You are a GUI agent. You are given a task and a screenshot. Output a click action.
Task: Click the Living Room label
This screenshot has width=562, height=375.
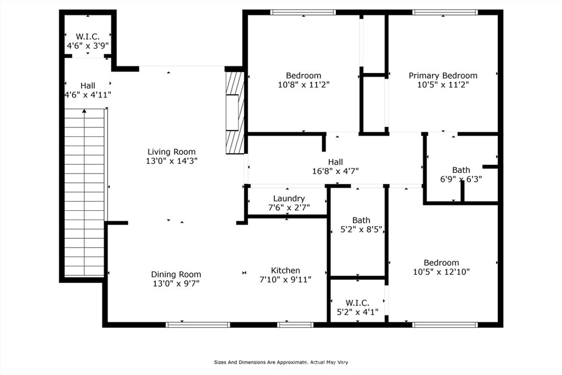pos(172,152)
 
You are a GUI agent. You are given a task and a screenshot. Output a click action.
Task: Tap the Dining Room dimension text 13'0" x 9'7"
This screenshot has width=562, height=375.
pos(176,283)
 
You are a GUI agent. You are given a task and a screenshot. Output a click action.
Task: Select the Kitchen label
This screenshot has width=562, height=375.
pos(285,270)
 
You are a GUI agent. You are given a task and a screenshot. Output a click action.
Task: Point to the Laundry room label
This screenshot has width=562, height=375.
pos(289,198)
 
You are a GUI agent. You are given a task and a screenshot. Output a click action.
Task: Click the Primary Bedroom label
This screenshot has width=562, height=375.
pos(443,76)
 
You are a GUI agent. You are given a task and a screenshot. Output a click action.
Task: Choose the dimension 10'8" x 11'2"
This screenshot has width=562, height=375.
pos(304,85)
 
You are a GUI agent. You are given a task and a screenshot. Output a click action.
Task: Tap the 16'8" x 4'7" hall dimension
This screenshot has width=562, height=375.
pos(335,171)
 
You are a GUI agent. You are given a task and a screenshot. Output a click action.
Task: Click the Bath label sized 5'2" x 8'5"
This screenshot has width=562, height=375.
pos(361,220)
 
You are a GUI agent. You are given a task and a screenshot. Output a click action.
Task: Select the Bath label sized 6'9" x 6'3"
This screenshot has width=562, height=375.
pos(461,170)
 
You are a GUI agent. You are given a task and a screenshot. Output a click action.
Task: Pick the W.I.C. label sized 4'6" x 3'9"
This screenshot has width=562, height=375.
pos(88,37)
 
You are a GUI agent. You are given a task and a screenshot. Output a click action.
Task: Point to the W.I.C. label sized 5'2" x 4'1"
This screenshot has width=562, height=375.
pos(358,303)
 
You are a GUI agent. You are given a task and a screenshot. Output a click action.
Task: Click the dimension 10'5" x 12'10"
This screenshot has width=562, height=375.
pos(442,272)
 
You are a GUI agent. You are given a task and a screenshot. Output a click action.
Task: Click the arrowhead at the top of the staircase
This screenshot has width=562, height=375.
pos(84,111)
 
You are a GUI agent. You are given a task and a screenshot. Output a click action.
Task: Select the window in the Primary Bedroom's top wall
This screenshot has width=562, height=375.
pos(445,12)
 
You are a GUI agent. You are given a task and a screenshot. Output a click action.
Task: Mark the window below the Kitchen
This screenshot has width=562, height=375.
pos(296,325)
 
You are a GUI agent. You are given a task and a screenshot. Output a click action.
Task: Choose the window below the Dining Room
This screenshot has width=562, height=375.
pos(198,325)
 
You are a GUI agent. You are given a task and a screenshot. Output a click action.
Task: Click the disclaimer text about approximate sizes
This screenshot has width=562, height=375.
pos(281,362)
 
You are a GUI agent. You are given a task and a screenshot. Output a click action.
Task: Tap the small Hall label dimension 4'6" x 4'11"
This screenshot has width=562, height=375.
pos(88,95)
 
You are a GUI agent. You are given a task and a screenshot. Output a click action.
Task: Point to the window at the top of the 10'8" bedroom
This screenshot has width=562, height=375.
pos(303,12)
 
